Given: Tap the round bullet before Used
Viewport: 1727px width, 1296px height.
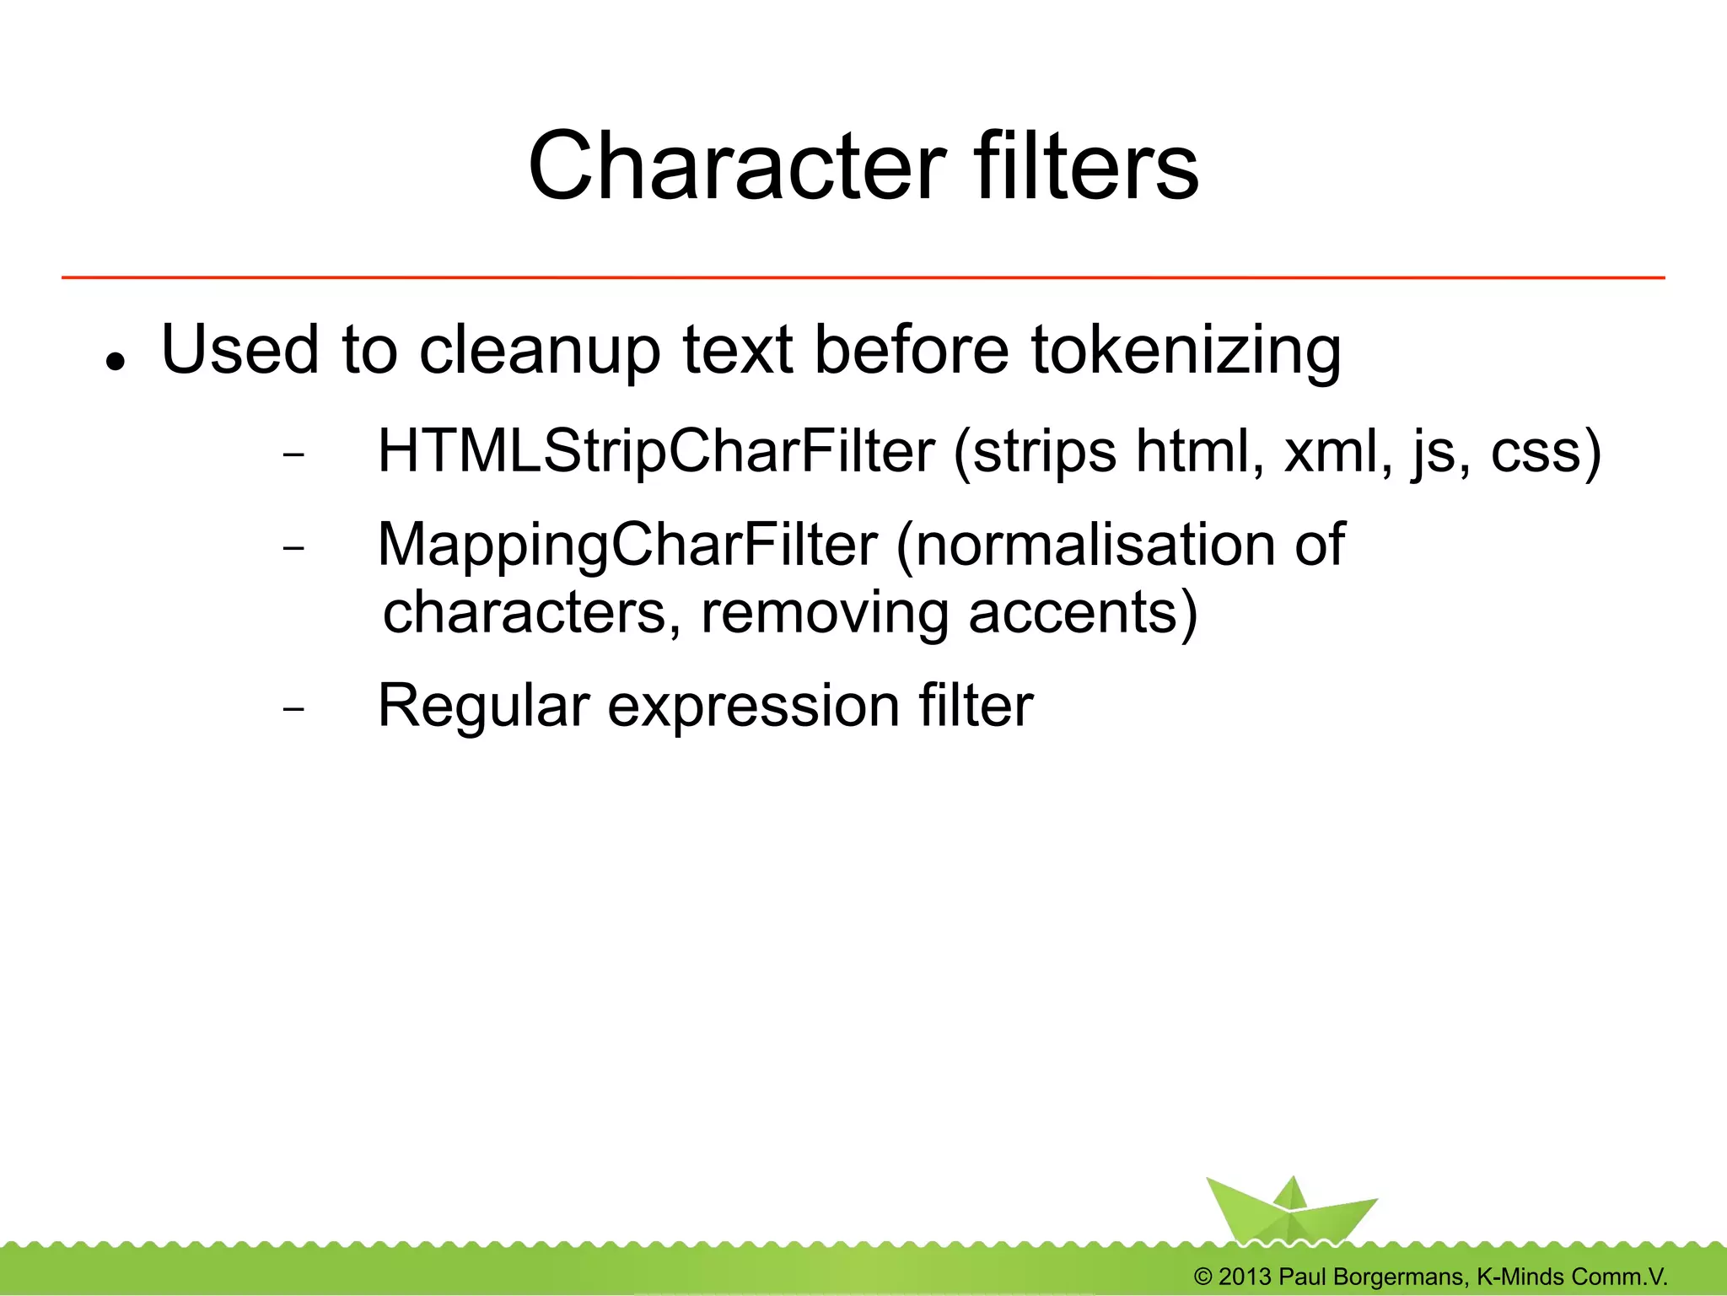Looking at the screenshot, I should (x=116, y=361).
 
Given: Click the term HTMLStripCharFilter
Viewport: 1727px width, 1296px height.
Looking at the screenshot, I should (x=656, y=453).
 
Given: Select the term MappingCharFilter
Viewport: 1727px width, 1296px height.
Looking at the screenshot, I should (x=627, y=546).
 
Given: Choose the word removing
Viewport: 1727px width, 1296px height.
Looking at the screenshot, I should (x=825, y=614).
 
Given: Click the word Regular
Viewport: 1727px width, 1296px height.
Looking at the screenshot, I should (x=483, y=706).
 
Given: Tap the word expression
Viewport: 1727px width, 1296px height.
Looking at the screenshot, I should (x=753, y=707).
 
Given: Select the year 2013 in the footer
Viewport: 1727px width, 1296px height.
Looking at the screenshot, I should (x=1244, y=1277).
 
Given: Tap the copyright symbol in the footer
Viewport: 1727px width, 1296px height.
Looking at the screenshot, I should (x=1203, y=1277).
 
